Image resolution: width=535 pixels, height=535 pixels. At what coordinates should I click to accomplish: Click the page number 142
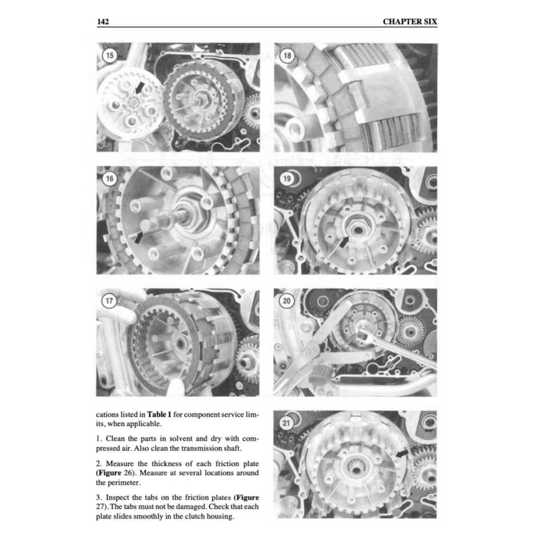click(x=103, y=22)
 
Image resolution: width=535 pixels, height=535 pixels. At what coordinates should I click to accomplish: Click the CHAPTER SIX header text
click(x=409, y=22)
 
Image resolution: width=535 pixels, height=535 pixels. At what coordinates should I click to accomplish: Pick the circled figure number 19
click(x=287, y=179)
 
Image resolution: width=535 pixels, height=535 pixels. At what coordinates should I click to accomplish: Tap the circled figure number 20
click(x=287, y=301)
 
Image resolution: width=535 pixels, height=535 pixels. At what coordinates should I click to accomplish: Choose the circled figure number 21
click(x=287, y=424)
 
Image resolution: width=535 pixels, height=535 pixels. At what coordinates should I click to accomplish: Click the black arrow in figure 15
click(x=138, y=88)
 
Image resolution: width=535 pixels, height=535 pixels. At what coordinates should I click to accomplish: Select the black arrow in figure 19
click(x=343, y=242)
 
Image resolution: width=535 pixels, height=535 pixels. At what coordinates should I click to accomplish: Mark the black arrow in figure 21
click(x=402, y=452)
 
